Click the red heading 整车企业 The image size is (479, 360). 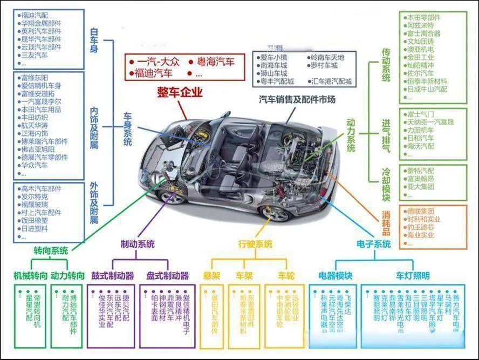click(x=180, y=92)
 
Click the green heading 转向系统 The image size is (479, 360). click(x=51, y=250)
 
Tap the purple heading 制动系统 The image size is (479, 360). click(x=137, y=244)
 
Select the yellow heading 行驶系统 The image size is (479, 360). click(x=255, y=244)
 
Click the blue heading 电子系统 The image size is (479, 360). click(x=373, y=244)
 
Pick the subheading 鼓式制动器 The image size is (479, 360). click(x=112, y=276)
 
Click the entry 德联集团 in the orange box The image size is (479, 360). click(x=420, y=212)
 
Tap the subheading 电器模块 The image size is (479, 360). click(x=336, y=276)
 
